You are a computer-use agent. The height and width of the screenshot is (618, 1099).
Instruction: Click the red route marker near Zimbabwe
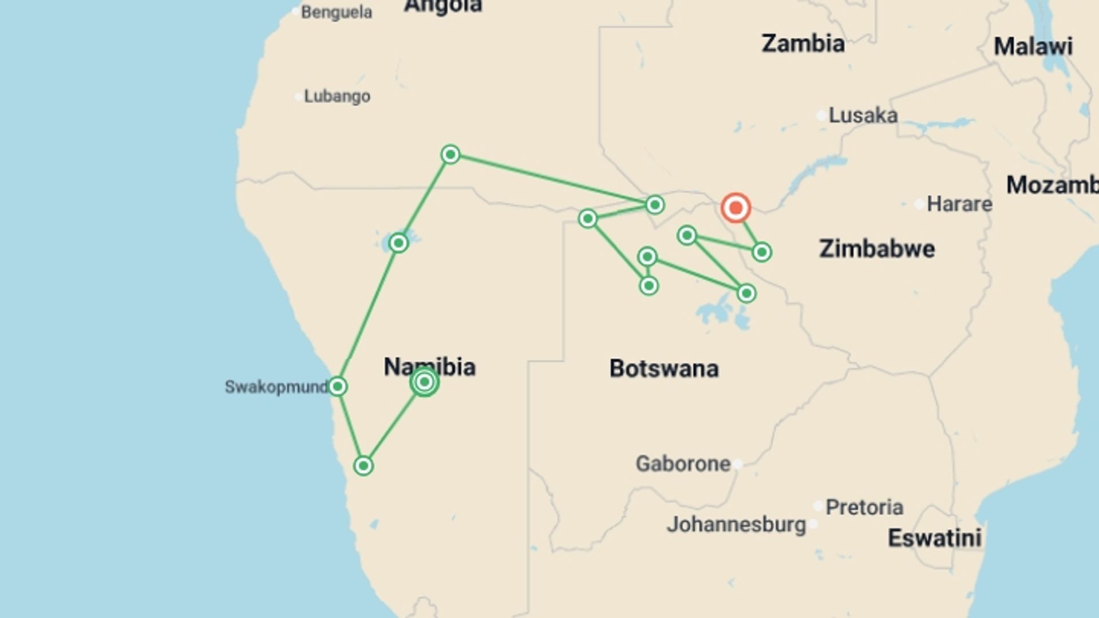pyautogui.click(x=736, y=208)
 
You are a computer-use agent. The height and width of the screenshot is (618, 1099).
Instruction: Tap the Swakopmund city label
pyautogui.click(x=276, y=387)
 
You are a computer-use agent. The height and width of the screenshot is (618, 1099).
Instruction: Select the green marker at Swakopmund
pyautogui.click(x=338, y=386)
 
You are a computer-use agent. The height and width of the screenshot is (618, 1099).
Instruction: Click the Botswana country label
pyautogui.click(x=664, y=369)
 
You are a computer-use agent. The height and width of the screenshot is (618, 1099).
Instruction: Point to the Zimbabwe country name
pyautogui.click(x=877, y=249)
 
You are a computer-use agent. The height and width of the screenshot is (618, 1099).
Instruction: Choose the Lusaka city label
pyautogui.click(x=863, y=116)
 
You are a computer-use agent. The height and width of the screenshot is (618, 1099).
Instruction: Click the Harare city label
pyautogui.click(x=959, y=204)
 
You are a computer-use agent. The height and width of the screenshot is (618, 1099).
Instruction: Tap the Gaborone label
pyautogui.click(x=683, y=463)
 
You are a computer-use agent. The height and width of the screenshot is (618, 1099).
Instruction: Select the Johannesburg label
pyautogui.click(x=736, y=524)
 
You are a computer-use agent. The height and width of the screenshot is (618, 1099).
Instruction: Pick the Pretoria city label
pyautogui.click(x=864, y=507)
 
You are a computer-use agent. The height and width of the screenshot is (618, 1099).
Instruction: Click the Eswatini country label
pyautogui.click(x=934, y=538)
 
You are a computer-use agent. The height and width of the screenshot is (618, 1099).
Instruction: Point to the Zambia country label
pyautogui.click(x=802, y=43)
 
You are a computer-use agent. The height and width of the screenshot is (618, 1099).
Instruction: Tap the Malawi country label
pyautogui.click(x=1033, y=46)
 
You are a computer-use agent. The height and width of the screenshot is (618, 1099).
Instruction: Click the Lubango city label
pyautogui.click(x=337, y=96)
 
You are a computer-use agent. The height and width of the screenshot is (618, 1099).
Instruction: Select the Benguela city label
pyautogui.click(x=336, y=12)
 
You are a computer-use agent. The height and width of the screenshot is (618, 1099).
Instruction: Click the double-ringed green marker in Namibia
pyautogui.click(x=424, y=382)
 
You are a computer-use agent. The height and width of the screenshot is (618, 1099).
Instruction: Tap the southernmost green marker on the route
pyautogui.click(x=363, y=466)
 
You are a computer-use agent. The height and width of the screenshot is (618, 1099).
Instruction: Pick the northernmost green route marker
pyautogui.click(x=450, y=154)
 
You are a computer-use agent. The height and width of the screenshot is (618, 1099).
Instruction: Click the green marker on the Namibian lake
pyautogui.click(x=398, y=243)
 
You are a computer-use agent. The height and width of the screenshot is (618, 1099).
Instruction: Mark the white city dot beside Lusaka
pyautogui.click(x=821, y=116)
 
